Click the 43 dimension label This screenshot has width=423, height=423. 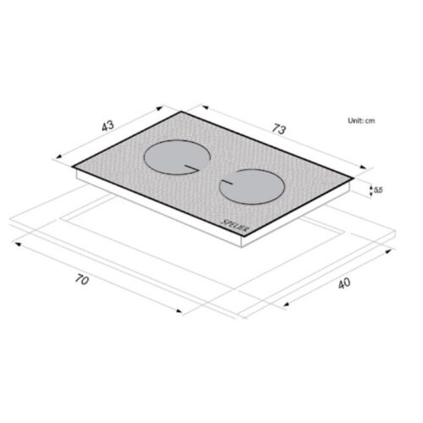click(x=107, y=126)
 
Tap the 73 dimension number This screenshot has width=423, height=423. click(x=278, y=129)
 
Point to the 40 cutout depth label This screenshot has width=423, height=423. click(x=343, y=283)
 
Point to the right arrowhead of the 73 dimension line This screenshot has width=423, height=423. click(x=365, y=168)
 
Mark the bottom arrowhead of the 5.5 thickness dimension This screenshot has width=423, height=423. click(x=372, y=199)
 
